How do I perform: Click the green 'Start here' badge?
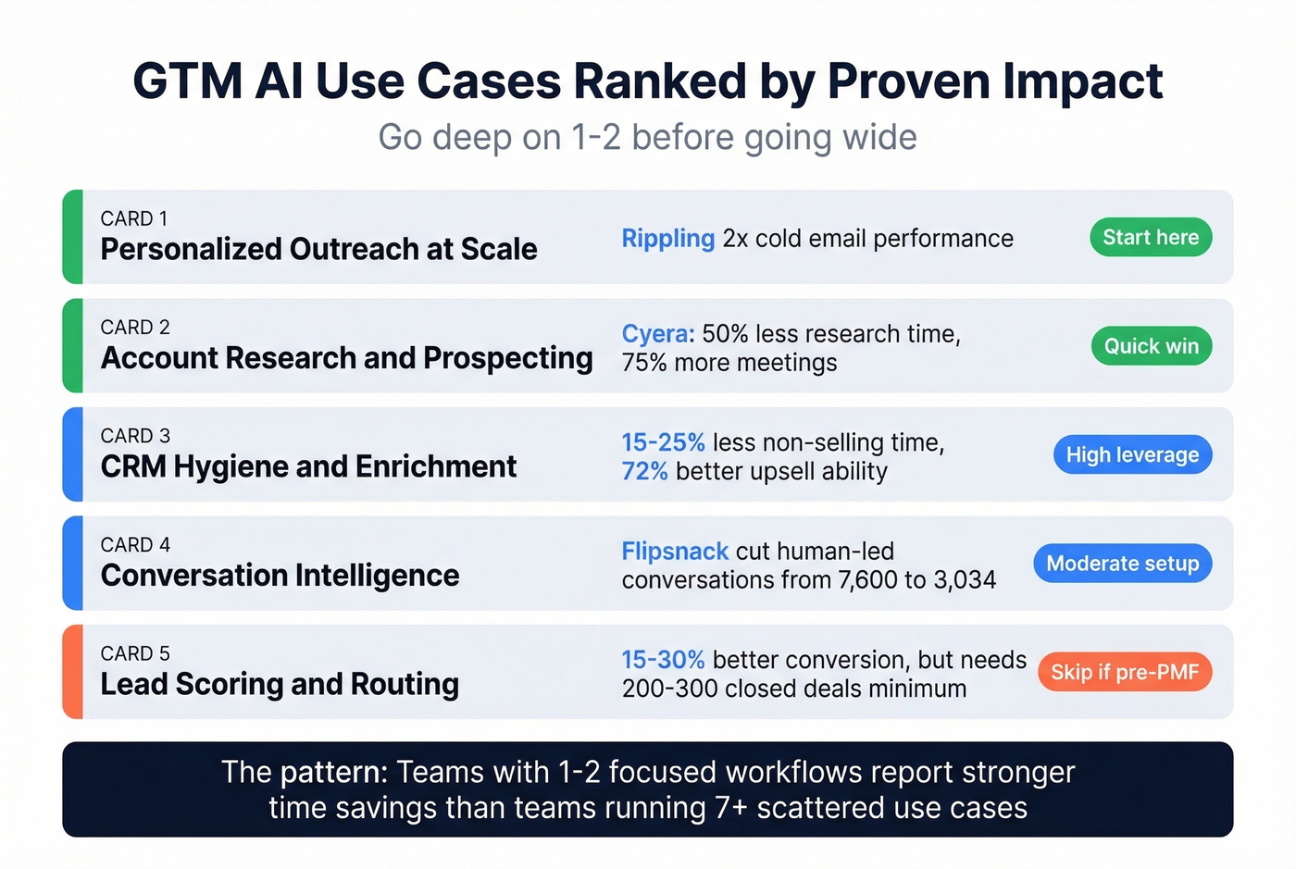click(x=1151, y=238)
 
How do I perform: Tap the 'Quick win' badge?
click(x=1151, y=346)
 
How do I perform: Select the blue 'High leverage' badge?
click(x=1132, y=454)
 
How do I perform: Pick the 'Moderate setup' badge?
click(x=1122, y=564)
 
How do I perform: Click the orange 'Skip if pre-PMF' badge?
click(x=1125, y=672)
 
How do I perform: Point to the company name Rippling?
click(x=667, y=239)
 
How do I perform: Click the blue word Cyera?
click(x=657, y=334)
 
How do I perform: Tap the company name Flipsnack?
click(x=675, y=552)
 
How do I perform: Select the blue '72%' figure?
click(x=644, y=471)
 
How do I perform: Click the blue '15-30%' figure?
click(x=663, y=660)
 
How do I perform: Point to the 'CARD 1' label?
click(x=134, y=219)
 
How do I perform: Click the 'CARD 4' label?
click(x=135, y=545)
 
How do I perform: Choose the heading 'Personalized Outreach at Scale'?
click(x=318, y=250)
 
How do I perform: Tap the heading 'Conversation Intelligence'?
click(x=280, y=576)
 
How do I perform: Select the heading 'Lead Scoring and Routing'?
click(x=280, y=685)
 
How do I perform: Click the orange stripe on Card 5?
click(x=73, y=672)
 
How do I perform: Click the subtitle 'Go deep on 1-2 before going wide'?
click(x=647, y=138)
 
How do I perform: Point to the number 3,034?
click(x=965, y=580)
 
